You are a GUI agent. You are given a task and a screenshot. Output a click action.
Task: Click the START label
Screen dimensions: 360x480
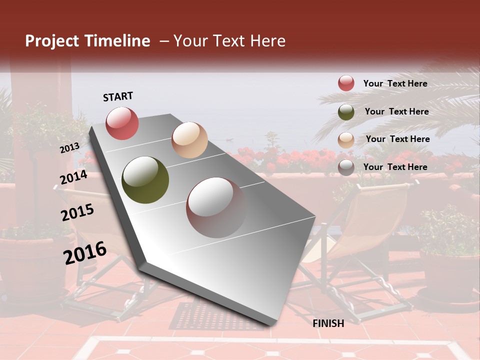click(x=118, y=96)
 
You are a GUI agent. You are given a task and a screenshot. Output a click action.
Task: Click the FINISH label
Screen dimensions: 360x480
click(x=328, y=323)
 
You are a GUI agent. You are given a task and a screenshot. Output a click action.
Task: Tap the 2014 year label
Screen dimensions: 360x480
click(x=73, y=177)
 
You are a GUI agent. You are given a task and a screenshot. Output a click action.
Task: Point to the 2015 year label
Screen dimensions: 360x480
click(x=77, y=212)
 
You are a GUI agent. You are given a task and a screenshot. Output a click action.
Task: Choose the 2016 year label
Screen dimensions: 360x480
click(x=84, y=252)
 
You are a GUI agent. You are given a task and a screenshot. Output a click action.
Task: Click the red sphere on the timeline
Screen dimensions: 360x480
click(x=122, y=123)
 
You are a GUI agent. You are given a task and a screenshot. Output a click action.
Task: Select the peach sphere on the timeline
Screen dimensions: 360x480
click(x=189, y=140)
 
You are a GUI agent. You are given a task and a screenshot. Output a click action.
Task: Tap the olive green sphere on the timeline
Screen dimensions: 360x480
click(x=145, y=179)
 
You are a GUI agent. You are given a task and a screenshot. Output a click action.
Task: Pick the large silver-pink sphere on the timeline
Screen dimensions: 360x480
click(x=216, y=207)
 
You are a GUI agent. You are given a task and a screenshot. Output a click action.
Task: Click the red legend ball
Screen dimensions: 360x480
click(x=346, y=83)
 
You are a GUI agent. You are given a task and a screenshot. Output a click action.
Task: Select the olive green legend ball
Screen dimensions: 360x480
click(x=346, y=111)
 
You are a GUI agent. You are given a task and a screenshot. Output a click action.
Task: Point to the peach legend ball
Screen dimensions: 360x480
click(x=346, y=139)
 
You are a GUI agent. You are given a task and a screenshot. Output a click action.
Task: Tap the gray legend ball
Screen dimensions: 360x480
click(x=346, y=167)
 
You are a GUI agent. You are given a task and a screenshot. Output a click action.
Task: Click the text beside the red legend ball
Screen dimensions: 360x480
click(x=395, y=83)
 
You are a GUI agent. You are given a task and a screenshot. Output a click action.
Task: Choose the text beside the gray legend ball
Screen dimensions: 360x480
click(x=395, y=167)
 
